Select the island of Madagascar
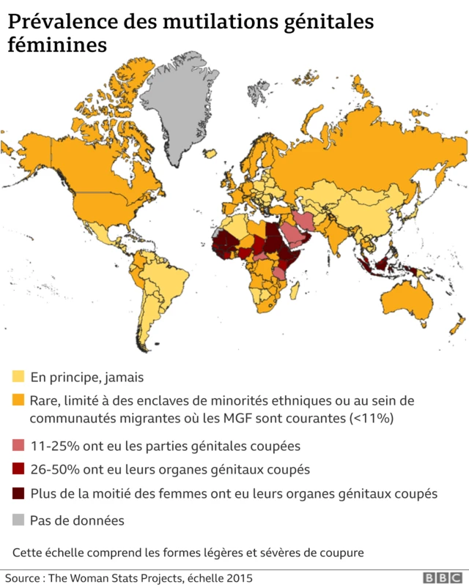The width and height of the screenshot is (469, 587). click(296, 291)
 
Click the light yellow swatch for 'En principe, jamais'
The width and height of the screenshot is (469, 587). click(18, 378)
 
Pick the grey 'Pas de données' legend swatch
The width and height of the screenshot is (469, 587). click(18, 521)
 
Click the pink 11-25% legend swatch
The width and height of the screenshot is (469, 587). click(18, 445)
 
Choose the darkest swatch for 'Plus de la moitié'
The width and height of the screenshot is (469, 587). click(18, 494)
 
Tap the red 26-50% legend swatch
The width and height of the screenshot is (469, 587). click(18, 469)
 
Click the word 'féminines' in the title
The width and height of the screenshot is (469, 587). click(57, 45)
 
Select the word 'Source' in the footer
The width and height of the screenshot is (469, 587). click(22, 578)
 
